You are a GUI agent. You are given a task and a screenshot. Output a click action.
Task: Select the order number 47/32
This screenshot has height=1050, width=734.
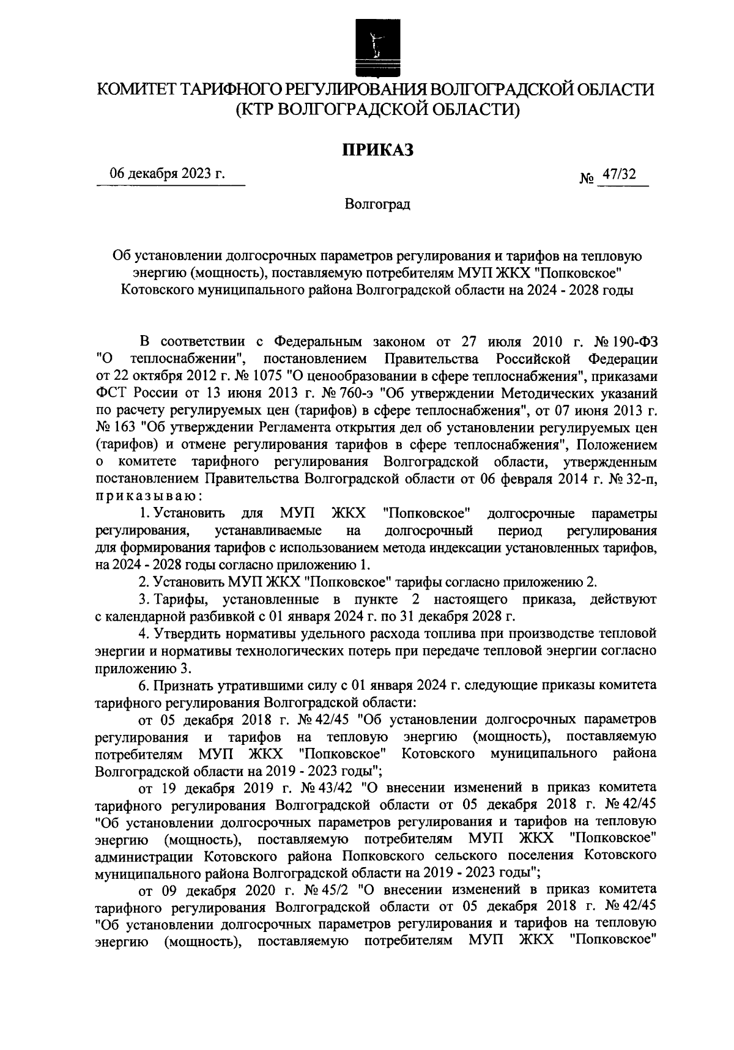point(618,174)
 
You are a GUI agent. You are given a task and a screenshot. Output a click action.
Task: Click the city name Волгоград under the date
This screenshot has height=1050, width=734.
point(377,204)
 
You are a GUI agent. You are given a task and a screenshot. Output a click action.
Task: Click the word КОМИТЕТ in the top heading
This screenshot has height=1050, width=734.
point(137,89)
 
